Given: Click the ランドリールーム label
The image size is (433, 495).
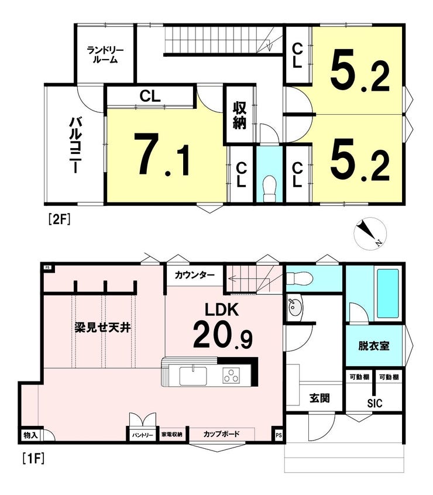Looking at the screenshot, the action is (x=105, y=54).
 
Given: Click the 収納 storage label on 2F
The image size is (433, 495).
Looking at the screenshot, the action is (x=239, y=115).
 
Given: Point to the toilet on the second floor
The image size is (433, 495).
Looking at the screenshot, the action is (x=269, y=188).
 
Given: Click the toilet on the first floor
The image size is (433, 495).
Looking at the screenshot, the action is (x=300, y=279).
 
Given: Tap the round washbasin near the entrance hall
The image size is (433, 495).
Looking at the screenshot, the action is (x=295, y=306).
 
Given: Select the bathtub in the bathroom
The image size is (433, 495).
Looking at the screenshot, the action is (x=387, y=294).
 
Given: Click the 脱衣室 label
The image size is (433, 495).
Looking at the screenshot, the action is (x=374, y=346).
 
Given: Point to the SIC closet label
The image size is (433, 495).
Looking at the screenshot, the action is (x=374, y=403).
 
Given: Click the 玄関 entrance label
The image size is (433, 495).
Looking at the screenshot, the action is (x=319, y=398).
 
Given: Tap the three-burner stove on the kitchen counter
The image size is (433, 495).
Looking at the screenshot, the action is (x=231, y=376).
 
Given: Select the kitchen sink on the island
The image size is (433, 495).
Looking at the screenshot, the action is (x=193, y=376).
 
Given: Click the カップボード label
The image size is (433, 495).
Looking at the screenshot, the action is (x=221, y=434).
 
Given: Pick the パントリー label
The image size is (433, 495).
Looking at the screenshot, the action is (x=142, y=435).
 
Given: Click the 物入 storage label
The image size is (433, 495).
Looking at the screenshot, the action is (x=30, y=435).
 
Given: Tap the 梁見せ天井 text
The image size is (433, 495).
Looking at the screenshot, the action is (x=102, y=328).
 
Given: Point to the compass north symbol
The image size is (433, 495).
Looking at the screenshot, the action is (x=370, y=233).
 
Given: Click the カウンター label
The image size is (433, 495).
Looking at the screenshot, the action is (x=194, y=275).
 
